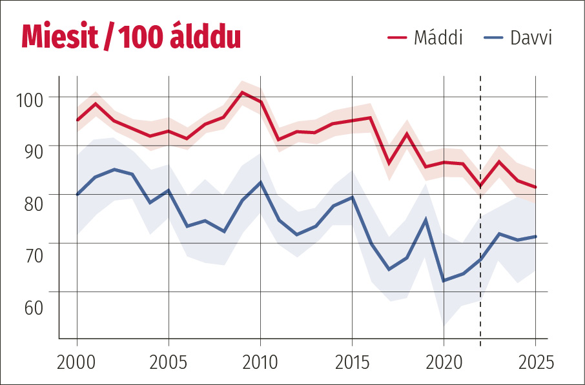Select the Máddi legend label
(x=438, y=38)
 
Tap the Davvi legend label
(x=531, y=38)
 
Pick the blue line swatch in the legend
(x=493, y=38)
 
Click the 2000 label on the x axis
(x=77, y=360)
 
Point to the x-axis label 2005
(x=169, y=360)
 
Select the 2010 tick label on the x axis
(x=261, y=360)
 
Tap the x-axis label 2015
(x=353, y=360)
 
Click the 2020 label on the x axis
(x=444, y=360)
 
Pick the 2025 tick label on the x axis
(x=535, y=360)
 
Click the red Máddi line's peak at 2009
(x=242, y=92)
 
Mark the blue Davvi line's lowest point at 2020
(x=444, y=281)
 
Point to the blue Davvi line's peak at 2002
(x=114, y=170)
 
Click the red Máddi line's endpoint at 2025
(x=535, y=187)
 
